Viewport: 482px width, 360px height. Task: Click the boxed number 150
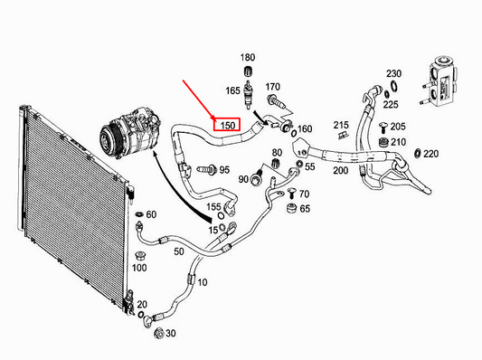(x=226, y=124)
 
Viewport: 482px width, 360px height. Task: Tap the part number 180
(x=248, y=58)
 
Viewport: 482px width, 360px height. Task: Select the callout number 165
(x=232, y=90)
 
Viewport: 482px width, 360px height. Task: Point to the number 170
(x=273, y=87)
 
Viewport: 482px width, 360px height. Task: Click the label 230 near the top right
(x=393, y=73)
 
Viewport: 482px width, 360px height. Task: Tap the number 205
(x=399, y=126)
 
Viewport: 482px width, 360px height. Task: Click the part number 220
(x=430, y=153)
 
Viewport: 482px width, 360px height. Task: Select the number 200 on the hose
(x=341, y=170)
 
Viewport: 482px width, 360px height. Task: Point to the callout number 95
(x=224, y=169)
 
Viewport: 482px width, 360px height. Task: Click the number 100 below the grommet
(x=139, y=267)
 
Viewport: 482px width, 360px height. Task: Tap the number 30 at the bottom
(x=172, y=334)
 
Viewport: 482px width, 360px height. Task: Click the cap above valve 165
(x=248, y=72)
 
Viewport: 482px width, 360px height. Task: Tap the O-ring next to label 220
(x=415, y=153)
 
